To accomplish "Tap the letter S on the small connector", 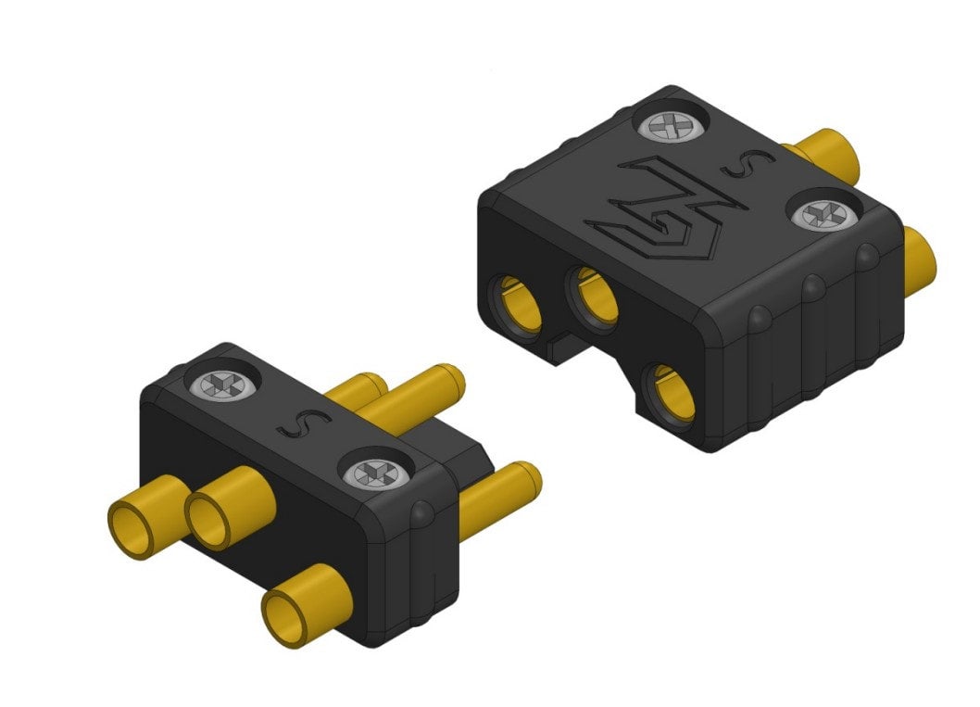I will point(291,422).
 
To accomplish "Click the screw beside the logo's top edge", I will point(672,127).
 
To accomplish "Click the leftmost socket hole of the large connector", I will point(520,304).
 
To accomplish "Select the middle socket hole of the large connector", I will point(596,296).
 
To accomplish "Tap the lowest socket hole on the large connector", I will point(673,393).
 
